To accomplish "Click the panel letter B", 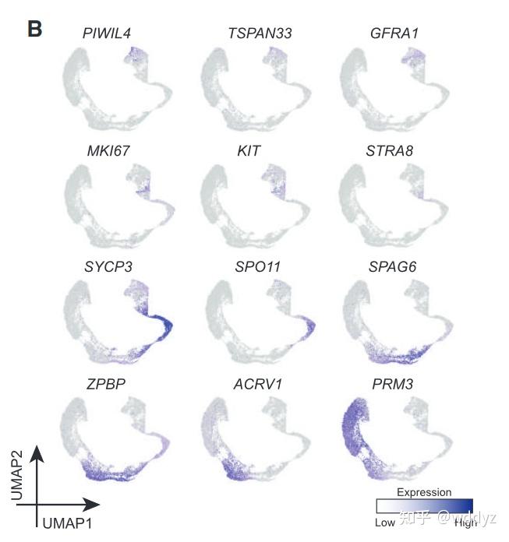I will click(34, 30).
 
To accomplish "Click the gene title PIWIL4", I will click(106, 33).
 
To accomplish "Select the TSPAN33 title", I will click(254, 33).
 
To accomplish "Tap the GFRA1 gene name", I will click(394, 33).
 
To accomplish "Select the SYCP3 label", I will click(108, 267).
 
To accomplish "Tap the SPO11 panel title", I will click(253, 267).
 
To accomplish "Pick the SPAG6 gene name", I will click(394, 267).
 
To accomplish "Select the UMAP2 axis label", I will click(16, 477).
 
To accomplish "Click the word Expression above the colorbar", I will click(424, 492).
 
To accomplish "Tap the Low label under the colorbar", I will click(386, 523).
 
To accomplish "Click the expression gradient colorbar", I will click(424, 506).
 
